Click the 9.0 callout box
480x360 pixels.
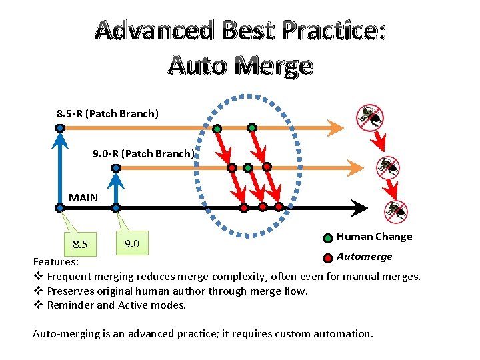click(132, 243)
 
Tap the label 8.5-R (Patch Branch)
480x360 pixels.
click(108, 113)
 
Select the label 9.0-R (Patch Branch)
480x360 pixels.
click(143, 154)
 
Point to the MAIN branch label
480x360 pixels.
click(83, 197)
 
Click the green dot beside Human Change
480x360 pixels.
click(328, 238)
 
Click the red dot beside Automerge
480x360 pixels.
click(328, 258)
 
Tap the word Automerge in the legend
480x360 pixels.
click(365, 257)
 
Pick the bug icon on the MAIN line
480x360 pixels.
click(395, 211)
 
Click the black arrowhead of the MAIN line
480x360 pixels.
click(360, 208)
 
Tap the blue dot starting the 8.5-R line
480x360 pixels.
click(60, 127)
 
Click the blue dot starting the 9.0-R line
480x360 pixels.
click(116, 168)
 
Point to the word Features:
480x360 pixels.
click(56, 263)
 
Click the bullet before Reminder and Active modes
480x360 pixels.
click(38, 305)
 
